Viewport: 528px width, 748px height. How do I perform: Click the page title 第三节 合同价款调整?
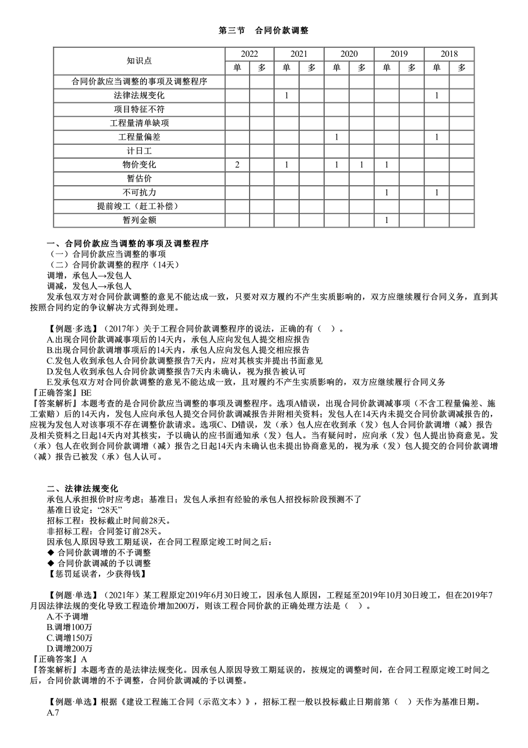point(263,31)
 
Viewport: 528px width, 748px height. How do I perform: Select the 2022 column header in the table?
point(249,54)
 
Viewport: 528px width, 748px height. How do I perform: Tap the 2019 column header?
point(399,54)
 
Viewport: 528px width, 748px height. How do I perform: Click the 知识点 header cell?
point(139,61)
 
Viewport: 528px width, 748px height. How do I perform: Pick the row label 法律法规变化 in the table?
point(139,96)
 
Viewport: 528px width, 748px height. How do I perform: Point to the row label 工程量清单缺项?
point(139,123)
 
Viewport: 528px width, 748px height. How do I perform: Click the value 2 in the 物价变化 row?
point(237,165)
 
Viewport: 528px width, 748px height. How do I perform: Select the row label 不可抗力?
point(139,193)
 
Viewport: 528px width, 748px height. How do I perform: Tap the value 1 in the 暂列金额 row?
point(386,221)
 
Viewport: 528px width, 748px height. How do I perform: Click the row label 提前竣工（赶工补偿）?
point(139,207)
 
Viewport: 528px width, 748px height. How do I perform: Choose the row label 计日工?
point(139,151)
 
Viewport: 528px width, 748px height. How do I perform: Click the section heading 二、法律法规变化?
point(82,489)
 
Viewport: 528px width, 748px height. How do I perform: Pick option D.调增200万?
point(69,648)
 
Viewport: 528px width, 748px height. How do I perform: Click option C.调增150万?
point(69,638)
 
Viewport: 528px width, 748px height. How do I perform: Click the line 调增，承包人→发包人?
point(89,276)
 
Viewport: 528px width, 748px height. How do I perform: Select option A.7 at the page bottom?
point(53,713)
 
